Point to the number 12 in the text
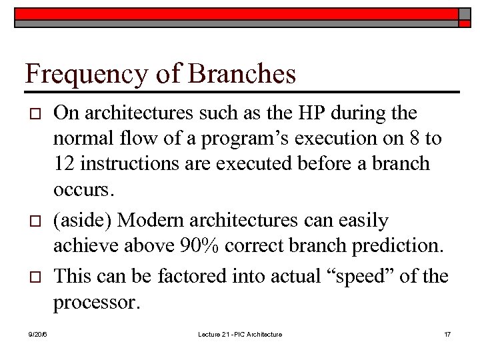pyautogui.click(x=64, y=163)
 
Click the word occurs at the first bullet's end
pyautogui.click(x=83, y=190)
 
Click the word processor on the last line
pyautogui.click(x=97, y=303)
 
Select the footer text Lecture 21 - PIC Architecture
pyautogui.click(x=241, y=334)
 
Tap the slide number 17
pyautogui.click(x=447, y=334)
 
